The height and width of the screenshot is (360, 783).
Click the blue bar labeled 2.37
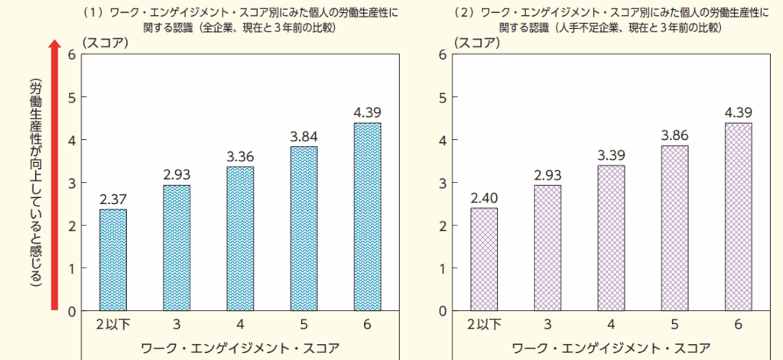[x=113, y=260]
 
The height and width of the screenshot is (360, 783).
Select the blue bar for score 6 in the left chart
[x=367, y=217]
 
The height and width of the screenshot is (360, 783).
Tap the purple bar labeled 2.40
[x=484, y=259]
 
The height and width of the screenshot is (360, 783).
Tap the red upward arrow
[x=54, y=176]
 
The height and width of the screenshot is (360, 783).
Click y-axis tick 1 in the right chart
[x=443, y=269]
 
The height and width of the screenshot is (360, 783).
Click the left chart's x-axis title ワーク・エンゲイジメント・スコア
[x=239, y=348]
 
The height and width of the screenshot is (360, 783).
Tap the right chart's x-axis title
[x=611, y=348]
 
